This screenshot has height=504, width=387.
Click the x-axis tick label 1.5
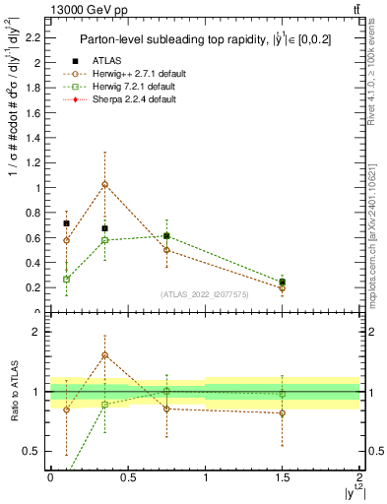pyautogui.click(x=283, y=476)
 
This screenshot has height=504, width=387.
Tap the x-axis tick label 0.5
pyautogui.click(x=128, y=476)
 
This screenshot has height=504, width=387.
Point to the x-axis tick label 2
pyautogui.click(x=359, y=476)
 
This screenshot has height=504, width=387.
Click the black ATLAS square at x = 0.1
pyautogui.click(x=66, y=223)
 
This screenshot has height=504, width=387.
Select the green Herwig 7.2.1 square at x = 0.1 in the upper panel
pyautogui.click(x=66, y=279)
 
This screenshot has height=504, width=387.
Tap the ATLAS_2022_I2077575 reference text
pyautogui.click(x=203, y=294)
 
